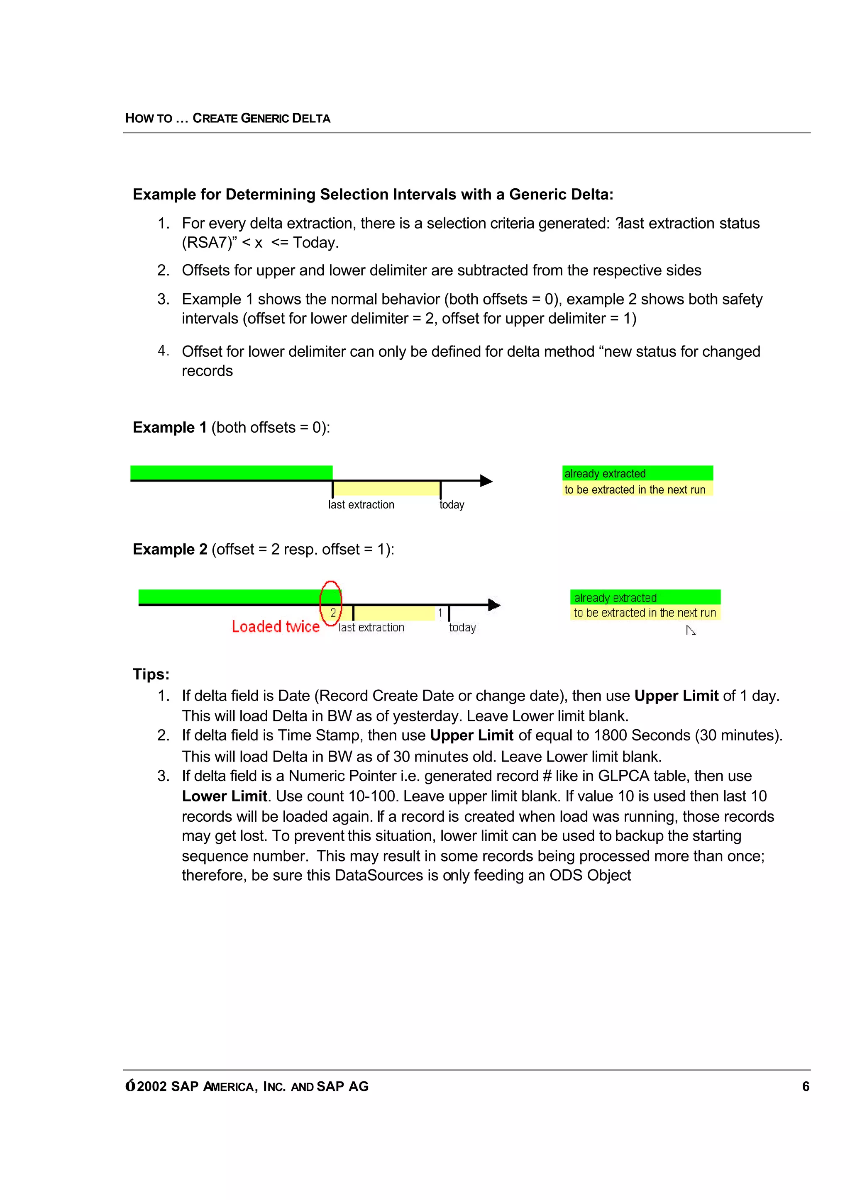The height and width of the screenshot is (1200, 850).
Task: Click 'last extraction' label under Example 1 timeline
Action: [361, 505]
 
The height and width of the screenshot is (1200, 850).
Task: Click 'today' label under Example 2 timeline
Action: [462, 628]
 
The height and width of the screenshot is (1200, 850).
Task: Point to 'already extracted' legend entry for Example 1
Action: [605, 473]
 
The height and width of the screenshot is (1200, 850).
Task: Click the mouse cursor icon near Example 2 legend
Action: [690, 631]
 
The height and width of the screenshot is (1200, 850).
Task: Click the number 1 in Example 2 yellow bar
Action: [440, 613]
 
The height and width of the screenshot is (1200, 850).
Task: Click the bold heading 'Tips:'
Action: [151, 674]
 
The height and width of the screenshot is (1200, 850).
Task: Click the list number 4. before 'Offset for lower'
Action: [163, 351]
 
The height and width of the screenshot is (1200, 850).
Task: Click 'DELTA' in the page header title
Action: [311, 119]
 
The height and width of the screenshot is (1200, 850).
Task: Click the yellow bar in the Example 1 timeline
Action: [386, 489]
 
